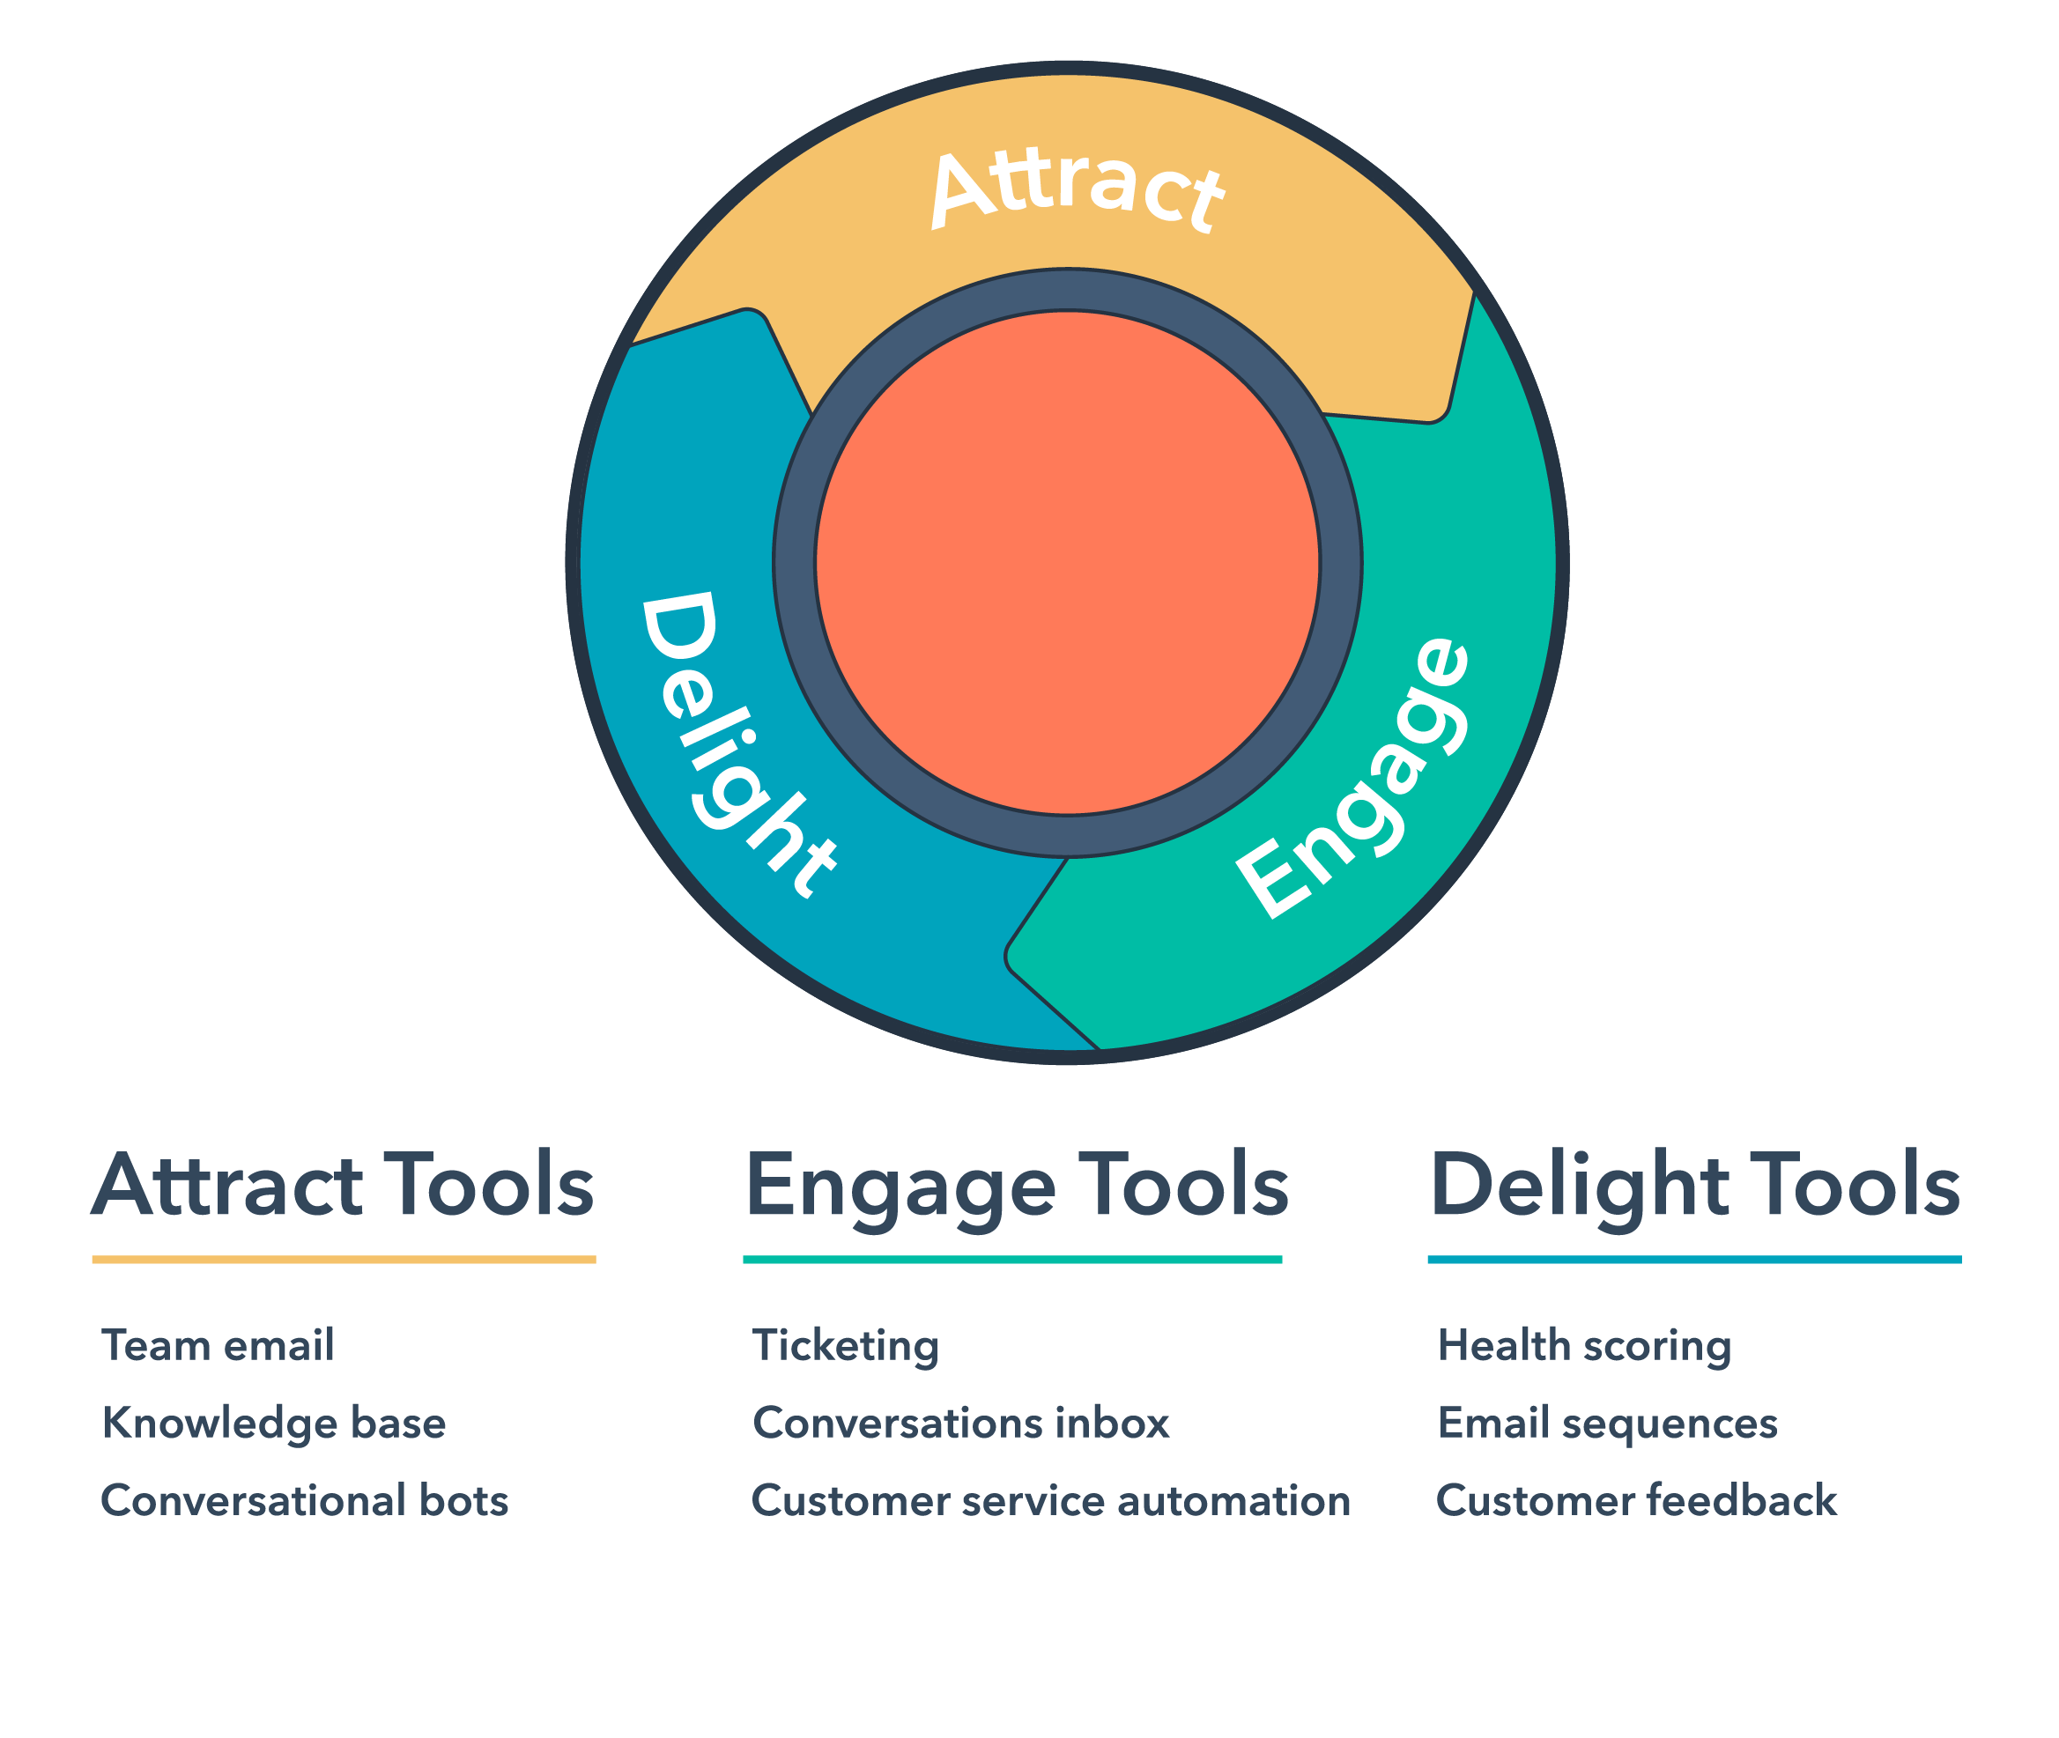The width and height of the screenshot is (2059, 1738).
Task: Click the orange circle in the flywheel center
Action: [x=1067, y=563]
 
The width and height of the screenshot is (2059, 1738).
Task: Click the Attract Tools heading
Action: [x=343, y=1186]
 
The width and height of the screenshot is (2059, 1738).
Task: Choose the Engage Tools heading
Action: [x=1017, y=1186]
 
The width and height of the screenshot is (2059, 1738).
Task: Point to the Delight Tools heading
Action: [x=1694, y=1186]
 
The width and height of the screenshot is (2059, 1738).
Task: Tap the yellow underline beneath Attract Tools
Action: [x=343, y=1259]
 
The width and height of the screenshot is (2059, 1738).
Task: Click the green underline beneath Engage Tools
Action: [x=1011, y=1259]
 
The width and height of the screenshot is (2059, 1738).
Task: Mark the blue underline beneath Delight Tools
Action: [x=1693, y=1259]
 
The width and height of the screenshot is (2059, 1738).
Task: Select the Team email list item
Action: [x=218, y=1346]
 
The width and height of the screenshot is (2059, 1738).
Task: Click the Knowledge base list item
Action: [x=274, y=1424]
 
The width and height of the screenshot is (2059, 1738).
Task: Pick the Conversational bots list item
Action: [x=305, y=1500]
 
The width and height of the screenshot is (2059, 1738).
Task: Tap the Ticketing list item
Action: [x=845, y=1346]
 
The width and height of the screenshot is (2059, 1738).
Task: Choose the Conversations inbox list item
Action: [x=960, y=1424]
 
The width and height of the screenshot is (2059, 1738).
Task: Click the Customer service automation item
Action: [x=1050, y=1500]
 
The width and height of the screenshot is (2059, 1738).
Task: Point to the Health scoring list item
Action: [x=1584, y=1346]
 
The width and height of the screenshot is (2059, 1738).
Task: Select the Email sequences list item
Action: [x=1608, y=1424]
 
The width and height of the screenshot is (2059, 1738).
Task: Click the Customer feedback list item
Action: [x=1636, y=1500]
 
